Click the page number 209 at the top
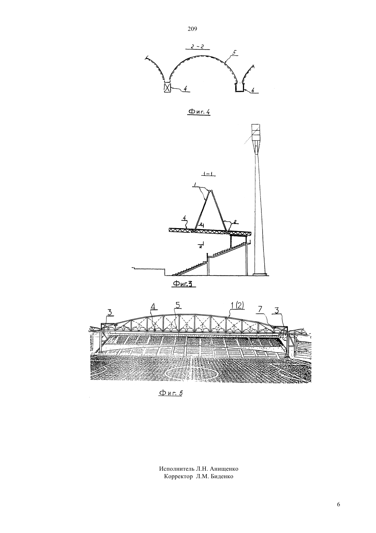(192, 29)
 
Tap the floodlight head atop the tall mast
(256, 132)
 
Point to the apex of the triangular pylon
(210, 191)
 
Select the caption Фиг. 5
(171, 393)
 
